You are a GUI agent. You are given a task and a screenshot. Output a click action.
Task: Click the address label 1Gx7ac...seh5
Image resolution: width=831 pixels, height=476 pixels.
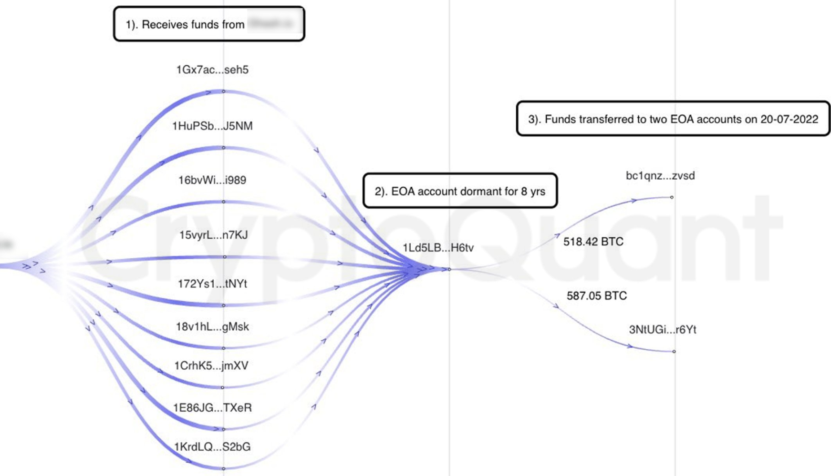click(212, 70)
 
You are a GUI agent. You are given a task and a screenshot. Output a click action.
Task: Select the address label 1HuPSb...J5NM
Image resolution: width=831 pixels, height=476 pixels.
click(212, 126)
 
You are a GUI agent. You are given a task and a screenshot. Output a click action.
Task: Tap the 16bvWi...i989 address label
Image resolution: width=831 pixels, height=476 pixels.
click(212, 181)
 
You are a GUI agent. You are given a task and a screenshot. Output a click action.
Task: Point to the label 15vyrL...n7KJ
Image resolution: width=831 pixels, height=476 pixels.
click(213, 235)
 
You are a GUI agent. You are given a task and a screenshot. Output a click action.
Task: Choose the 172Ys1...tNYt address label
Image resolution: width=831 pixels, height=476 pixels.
click(212, 284)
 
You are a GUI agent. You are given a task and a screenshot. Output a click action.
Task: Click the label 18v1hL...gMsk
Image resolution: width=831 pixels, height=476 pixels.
click(212, 327)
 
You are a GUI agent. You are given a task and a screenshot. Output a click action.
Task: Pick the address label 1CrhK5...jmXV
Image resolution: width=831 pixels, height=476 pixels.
click(211, 366)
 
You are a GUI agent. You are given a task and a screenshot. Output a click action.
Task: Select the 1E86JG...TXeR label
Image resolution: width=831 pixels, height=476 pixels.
click(212, 408)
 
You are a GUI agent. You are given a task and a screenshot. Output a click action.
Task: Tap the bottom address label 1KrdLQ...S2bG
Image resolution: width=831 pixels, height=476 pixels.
click(212, 447)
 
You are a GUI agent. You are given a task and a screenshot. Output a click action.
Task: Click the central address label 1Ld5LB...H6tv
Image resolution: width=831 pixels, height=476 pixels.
click(438, 248)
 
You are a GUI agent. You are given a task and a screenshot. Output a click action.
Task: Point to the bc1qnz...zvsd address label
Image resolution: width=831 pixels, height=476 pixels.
click(660, 176)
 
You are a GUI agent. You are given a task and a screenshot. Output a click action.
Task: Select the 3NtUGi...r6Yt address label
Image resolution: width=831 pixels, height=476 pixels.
click(663, 330)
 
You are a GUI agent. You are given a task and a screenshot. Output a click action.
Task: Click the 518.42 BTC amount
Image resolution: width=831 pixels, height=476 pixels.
click(593, 242)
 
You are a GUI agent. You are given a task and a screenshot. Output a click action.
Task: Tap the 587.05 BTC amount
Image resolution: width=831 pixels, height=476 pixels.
click(596, 296)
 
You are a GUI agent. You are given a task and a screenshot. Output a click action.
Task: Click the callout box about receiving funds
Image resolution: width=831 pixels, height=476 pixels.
click(209, 24)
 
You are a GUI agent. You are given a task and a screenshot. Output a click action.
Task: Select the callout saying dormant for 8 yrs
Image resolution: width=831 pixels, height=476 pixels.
click(460, 192)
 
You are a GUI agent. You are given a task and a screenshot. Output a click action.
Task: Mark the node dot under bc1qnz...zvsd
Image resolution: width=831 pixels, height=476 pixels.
click(672, 197)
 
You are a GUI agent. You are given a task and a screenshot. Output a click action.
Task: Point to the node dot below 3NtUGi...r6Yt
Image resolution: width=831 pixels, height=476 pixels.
click(674, 352)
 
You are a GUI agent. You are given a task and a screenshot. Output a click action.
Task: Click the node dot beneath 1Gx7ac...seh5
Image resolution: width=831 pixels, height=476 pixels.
click(224, 91)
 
